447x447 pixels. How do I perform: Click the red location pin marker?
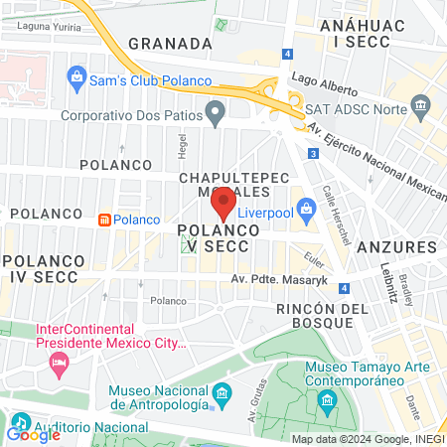tap(223, 203)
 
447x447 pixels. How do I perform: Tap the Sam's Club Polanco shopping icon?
tap(76, 76)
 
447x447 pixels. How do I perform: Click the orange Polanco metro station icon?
tap(103, 220)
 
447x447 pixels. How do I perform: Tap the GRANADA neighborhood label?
tap(171, 44)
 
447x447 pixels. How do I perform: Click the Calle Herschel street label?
tap(326, 206)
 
